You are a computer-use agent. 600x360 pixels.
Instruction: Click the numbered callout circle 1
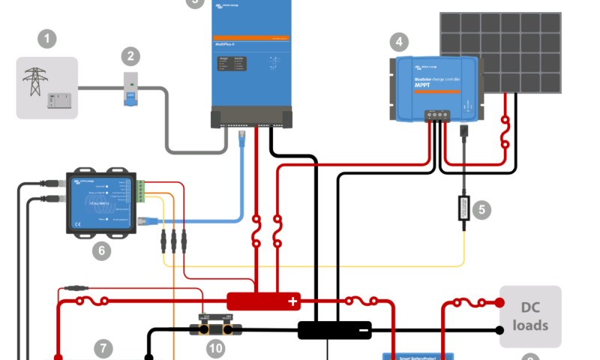tap(47, 38)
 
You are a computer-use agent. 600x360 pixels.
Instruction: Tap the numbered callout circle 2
tap(131, 55)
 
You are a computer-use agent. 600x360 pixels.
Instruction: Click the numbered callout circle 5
tap(481, 210)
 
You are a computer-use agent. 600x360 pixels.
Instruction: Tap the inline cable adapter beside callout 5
tap(463, 207)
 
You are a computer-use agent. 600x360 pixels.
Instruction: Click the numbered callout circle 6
tap(101, 250)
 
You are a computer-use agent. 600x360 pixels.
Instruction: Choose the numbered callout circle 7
tap(103, 348)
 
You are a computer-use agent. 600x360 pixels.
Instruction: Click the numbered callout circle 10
tap(215, 349)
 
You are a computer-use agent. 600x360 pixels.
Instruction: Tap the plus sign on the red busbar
tap(292, 302)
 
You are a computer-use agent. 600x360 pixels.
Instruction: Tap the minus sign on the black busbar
tap(364, 330)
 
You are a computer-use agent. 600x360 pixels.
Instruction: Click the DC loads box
tap(530, 316)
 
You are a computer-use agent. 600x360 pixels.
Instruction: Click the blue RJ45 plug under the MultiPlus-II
tap(243, 137)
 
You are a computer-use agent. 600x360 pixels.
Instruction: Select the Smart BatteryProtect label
tap(420, 356)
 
